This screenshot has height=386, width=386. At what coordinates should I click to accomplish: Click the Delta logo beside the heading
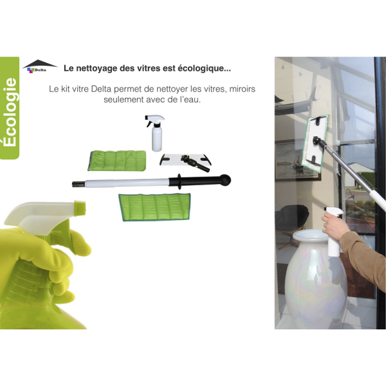click(x=40, y=66)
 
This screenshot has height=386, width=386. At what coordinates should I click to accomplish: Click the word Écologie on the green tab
click(x=10, y=112)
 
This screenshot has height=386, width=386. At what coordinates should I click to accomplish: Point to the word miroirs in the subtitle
click(x=243, y=89)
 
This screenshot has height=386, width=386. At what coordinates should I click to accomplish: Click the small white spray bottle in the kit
click(x=156, y=133)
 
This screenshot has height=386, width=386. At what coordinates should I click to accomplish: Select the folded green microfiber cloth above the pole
click(x=117, y=160)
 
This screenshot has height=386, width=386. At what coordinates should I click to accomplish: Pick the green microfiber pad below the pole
click(x=154, y=207)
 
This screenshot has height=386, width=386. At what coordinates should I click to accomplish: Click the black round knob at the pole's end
click(x=225, y=179)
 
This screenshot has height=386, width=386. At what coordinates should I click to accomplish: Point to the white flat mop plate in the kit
click(x=185, y=160)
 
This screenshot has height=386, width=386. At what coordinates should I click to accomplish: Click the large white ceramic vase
click(x=316, y=280)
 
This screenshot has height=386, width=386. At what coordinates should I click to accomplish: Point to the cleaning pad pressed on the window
click(x=315, y=143)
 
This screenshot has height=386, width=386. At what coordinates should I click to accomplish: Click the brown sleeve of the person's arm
click(x=364, y=256)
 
